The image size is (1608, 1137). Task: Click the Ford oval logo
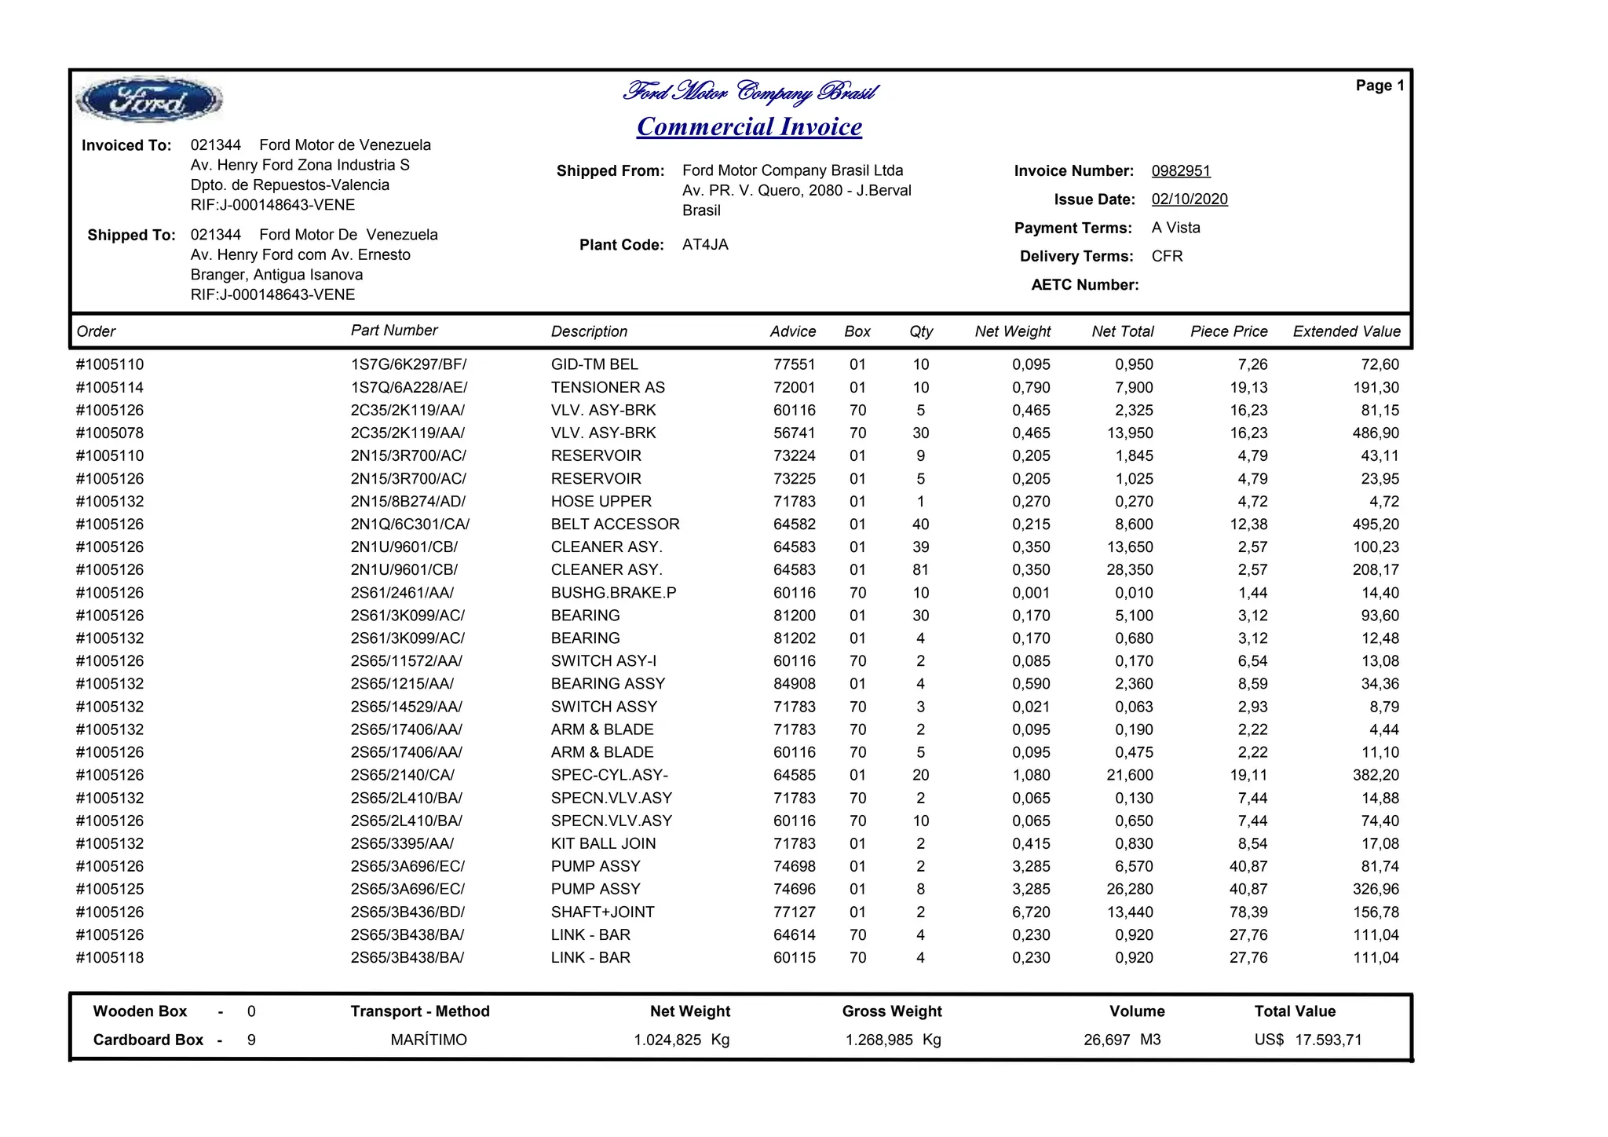[x=148, y=101]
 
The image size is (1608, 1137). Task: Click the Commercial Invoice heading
[x=749, y=126]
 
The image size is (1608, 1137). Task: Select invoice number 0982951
[x=1181, y=171]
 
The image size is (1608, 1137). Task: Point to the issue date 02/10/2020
[x=1190, y=199]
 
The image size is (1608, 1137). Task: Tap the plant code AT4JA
[x=705, y=245]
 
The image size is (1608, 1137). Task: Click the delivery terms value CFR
[x=1167, y=257]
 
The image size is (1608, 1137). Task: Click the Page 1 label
[x=1380, y=86]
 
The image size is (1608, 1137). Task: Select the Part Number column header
[x=394, y=331]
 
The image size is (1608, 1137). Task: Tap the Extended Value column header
[x=1347, y=331]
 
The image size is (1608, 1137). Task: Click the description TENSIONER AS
[x=608, y=387]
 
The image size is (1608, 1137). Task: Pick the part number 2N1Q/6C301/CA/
[x=410, y=525]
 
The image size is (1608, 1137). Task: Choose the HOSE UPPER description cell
[x=601, y=502]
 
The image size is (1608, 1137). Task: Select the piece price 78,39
[x=1248, y=912]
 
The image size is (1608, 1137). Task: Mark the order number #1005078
[x=110, y=433]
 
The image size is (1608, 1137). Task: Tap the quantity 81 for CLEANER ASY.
[x=920, y=570]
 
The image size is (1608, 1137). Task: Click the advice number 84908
[x=794, y=684]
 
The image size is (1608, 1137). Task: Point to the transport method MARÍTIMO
[x=429, y=1040]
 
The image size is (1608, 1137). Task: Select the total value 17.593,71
[x=1328, y=1040]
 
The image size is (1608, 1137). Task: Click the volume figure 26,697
[x=1107, y=1040]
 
